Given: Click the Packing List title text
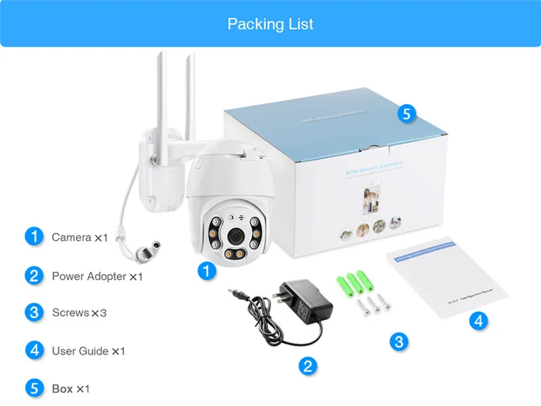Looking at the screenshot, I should pos(270,24).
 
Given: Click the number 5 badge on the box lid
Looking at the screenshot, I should pos(406,113).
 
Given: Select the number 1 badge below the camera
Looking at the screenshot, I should pos(207,271).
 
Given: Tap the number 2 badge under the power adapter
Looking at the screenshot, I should pos(307,366).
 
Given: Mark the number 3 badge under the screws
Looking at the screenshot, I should pos(399,341).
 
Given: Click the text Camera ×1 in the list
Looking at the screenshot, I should pos(80,238).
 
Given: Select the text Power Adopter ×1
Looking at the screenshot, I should pos(97,276).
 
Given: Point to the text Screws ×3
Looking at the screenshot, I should pos(79,313).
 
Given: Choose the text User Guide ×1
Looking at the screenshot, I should pos(89,351).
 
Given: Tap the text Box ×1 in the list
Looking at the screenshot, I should pos(70,389).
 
